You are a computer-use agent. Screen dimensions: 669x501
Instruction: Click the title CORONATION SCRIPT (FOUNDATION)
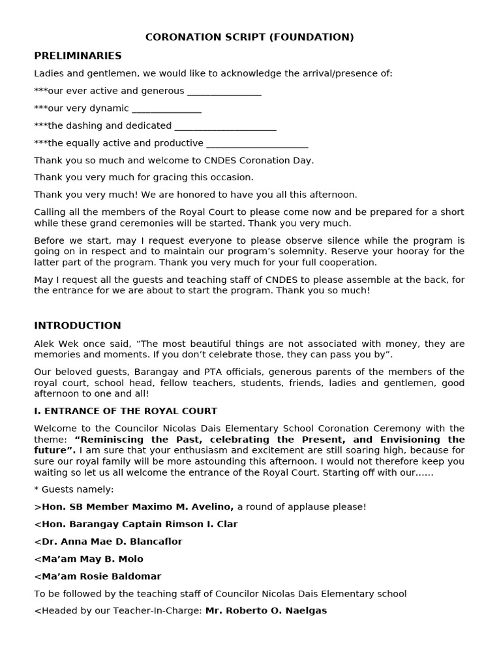tap(250, 37)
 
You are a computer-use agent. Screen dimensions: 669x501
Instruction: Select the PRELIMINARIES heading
tap(78, 56)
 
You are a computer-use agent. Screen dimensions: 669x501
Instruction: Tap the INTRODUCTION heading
tap(78, 325)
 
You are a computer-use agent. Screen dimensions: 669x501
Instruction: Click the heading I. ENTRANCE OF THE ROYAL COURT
tap(125, 411)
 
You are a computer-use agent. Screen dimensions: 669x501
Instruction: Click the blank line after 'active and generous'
tap(224, 92)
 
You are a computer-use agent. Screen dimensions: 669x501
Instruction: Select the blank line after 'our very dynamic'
tap(166, 109)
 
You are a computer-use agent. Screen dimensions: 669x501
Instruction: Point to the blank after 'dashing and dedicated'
tap(225, 126)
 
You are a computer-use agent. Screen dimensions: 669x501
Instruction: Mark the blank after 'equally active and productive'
tap(256, 144)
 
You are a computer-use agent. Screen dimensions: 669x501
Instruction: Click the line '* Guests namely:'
tap(74, 489)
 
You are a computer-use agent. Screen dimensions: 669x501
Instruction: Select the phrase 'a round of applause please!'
tap(301, 506)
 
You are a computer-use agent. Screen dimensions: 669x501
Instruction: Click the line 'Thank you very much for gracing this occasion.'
tap(144, 177)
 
